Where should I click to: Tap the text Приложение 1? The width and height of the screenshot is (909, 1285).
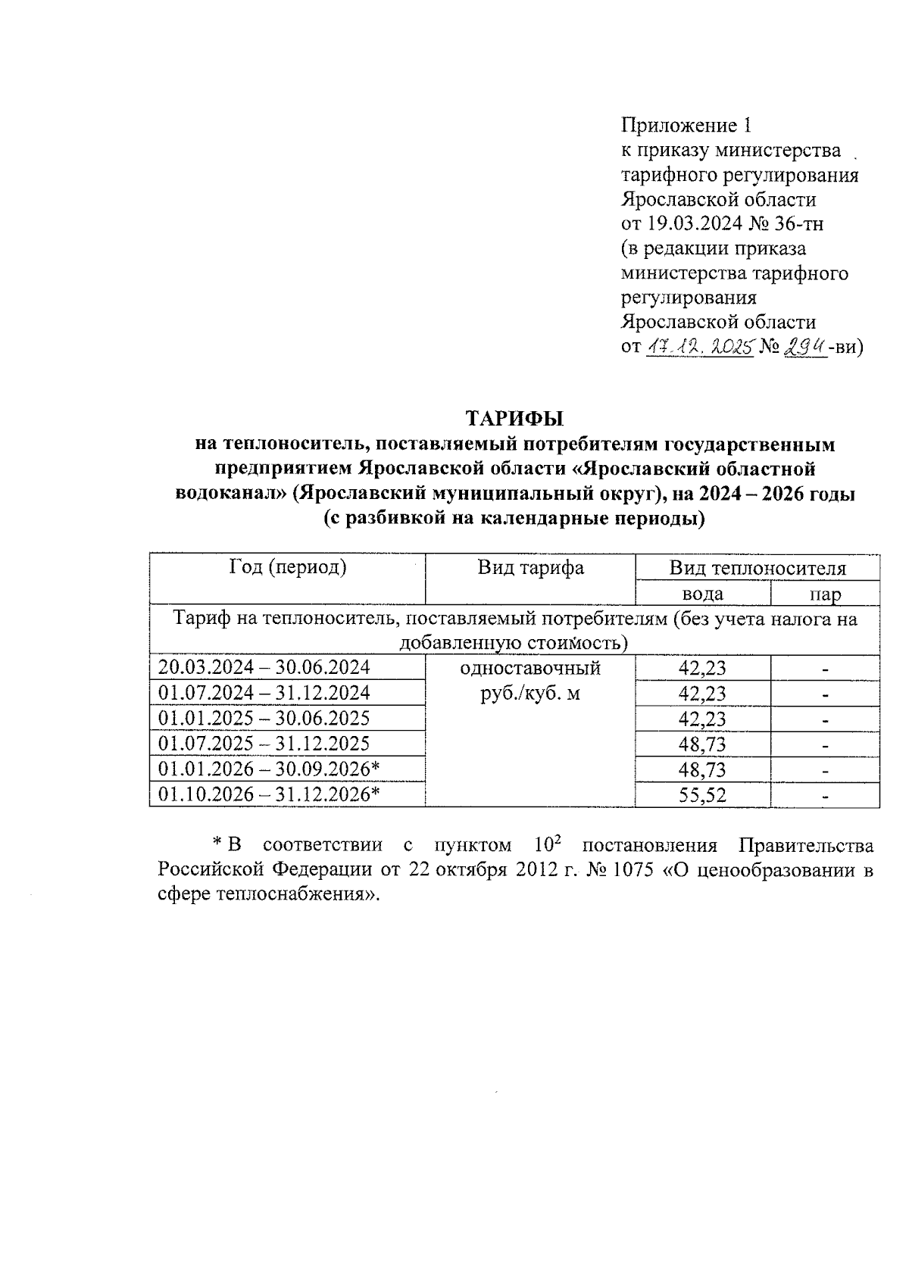click(x=686, y=126)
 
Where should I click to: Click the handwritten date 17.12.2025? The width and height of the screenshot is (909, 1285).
click(x=699, y=347)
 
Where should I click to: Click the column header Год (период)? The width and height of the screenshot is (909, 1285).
click(x=288, y=568)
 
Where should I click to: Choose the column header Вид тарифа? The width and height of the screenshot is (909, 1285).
click(x=530, y=568)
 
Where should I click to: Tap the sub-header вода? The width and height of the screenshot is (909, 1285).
click(x=702, y=594)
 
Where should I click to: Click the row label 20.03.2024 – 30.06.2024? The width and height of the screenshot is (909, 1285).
click(x=264, y=668)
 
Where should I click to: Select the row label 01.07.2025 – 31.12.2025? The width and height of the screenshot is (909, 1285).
click(x=264, y=744)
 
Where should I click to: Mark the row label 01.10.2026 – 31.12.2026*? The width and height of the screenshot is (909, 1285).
click(x=268, y=794)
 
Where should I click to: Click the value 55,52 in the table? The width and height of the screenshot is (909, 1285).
click(x=702, y=795)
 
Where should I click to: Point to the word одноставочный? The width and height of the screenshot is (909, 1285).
click(x=530, y=669)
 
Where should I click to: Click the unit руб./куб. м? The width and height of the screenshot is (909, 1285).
click(x=530, y=693)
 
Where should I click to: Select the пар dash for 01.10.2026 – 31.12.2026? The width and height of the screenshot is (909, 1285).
click(x=825, y=796)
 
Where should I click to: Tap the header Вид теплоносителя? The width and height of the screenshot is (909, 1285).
click(x=757, y=569)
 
